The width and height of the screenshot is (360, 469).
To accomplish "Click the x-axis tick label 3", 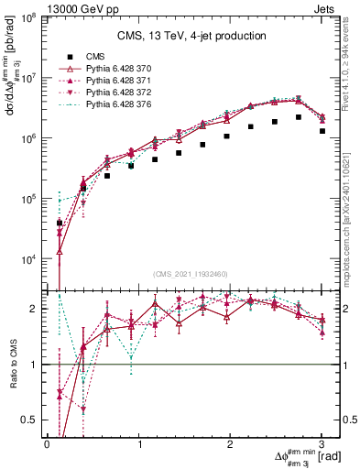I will pyautogui.click(x=322, y=443).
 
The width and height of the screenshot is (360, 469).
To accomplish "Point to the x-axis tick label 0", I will pyautogui.click(x=47, y=443).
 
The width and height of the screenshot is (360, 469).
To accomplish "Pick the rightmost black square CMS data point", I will pyautogui.click(x=322, y=131).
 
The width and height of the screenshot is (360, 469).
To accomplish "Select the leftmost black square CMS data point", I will pyautogui.click(x=60, y=223).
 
